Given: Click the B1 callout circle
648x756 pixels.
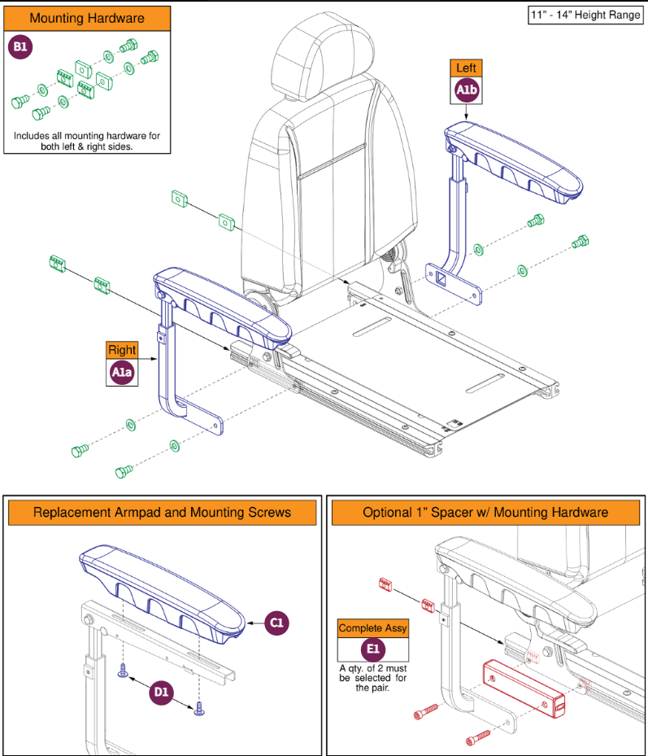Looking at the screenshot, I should [x=20, y=47].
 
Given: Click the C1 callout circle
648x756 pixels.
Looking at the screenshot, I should [x=276, y=623].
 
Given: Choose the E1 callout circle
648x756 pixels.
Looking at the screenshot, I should [x=373, y=651].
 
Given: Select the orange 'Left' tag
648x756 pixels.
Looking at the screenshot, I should [x=466, y=68].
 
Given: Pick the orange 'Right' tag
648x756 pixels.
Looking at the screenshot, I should [x=122, y=351].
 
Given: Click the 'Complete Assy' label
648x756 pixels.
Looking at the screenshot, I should [x=373, y=628].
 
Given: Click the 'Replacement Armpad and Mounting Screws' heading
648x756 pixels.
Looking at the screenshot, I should [x=161, y=513].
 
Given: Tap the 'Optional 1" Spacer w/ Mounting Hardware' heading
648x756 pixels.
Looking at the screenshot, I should [x=485, y=513].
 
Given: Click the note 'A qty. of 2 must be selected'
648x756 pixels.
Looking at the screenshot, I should [x=373, y=677].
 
